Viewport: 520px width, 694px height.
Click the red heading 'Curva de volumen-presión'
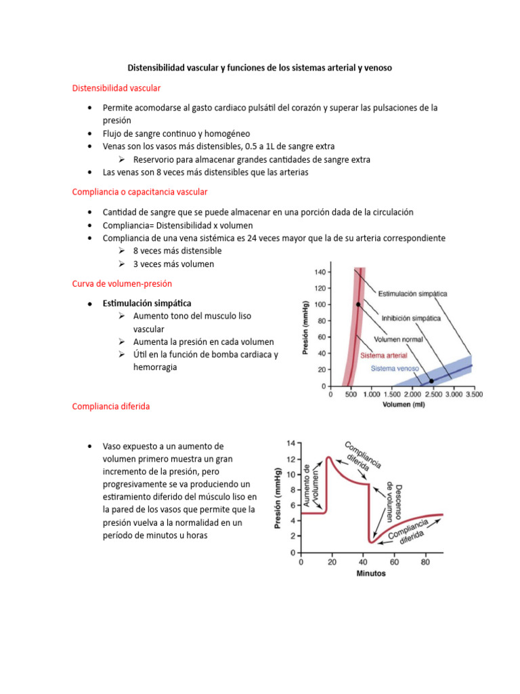[126, 283]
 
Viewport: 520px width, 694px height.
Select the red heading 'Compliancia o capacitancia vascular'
[139, 192]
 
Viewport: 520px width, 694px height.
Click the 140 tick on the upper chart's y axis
[320, 272]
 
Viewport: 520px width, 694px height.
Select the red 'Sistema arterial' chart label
[384, 355]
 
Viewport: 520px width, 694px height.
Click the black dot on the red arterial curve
[358, 304]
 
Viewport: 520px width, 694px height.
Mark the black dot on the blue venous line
[431, 382]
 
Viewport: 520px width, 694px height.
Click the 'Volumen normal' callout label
[399, 340]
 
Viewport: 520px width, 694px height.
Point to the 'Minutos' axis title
[371, 573]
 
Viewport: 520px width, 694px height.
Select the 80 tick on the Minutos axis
[425, 563]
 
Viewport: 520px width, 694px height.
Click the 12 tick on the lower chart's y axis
[291, 459]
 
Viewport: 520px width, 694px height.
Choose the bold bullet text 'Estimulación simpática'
[147, 303]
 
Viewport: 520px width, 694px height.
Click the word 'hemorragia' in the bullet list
[155, 367]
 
